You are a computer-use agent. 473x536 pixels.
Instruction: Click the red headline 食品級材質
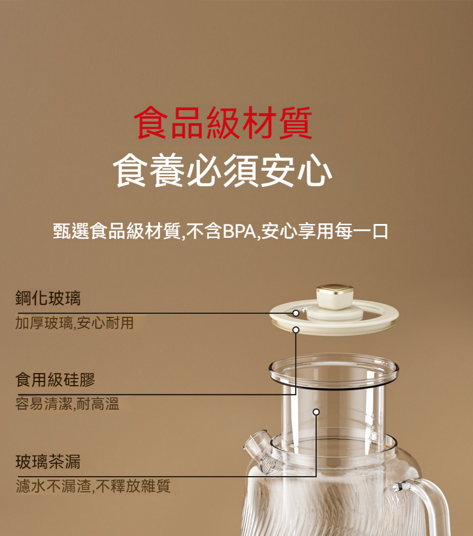point(223,122)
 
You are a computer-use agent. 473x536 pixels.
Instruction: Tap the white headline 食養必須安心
point(223,170)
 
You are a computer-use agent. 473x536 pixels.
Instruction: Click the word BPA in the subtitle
point(239,231)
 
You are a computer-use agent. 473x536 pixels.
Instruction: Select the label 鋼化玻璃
point(48,298)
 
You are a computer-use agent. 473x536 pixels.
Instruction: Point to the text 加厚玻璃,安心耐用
point(74,323)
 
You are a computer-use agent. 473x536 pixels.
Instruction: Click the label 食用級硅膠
point(55,380)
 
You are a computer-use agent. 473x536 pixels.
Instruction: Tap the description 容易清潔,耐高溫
point(67,404)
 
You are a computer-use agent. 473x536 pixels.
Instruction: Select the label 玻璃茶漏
point(48,462)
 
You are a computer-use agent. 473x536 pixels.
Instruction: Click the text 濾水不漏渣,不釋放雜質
point(93,486)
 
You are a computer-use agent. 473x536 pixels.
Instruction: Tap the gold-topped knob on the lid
point(335,296)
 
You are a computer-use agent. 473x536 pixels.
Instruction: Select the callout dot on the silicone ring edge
point(296,329)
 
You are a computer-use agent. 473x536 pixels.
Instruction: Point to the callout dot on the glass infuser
point(316,412)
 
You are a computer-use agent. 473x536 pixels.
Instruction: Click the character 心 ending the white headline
point(315,171)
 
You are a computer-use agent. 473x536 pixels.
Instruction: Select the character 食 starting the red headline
point(151,122)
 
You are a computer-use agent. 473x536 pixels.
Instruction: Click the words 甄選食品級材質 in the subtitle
point(117,231)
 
